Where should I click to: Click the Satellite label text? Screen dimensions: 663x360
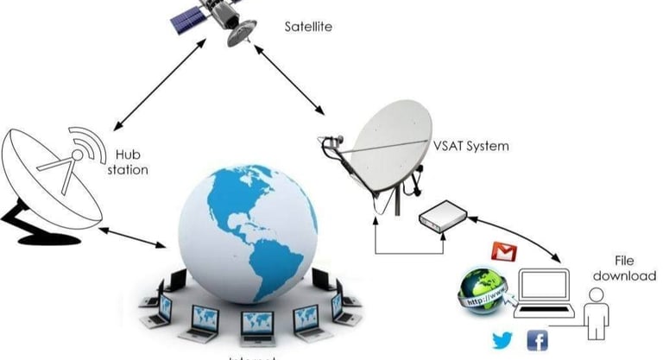tap(308, 27)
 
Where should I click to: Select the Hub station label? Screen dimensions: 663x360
tap(127, 162)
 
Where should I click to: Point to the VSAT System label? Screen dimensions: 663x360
tap(470, 146)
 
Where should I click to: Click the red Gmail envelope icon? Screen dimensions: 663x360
tap(503, 252)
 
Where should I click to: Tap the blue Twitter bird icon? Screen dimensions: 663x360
tap(503, 339)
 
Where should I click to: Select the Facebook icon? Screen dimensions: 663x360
tap(537, 340)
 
